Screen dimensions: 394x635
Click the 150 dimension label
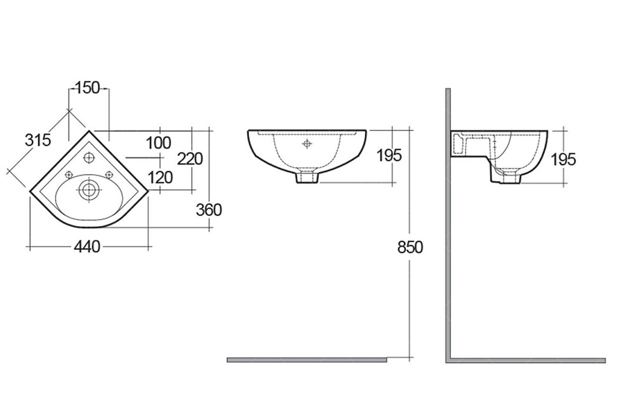click(88, 88)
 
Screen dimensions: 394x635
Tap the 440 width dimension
click(87, 247)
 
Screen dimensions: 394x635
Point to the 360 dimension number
click(209, 209)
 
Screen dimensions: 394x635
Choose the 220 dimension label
click(190, 158)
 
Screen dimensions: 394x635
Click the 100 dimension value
click(159, 143)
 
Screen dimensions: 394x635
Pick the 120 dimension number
click(159, 177)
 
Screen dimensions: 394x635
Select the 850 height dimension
click(410, 247)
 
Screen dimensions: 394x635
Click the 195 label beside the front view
click(389, 155)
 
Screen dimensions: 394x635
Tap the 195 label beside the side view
click(563, 159)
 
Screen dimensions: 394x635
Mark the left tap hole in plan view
click(69, 175)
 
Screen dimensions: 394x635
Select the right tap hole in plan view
click(109, 175)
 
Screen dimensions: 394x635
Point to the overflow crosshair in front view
click(307, 144)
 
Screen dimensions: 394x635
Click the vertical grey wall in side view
click(448, 222)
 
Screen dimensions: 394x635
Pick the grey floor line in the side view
click(527, 360)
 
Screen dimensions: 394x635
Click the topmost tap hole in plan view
click(89, 157)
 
